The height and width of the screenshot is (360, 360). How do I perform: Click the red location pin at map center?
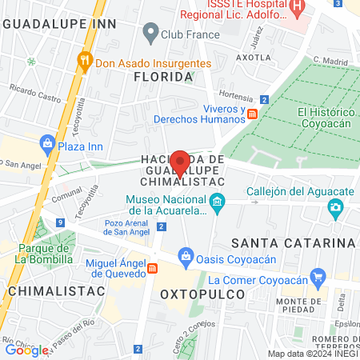(180, 162)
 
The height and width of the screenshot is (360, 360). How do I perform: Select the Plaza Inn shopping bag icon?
(46, 145)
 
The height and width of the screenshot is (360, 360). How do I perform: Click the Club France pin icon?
(150, 34)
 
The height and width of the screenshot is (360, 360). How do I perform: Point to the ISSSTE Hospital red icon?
(298, 10)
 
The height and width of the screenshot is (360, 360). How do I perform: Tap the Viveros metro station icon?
(251, 114)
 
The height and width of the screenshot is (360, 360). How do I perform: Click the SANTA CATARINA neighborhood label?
(292, 242)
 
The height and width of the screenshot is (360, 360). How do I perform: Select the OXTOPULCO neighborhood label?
(196, 294)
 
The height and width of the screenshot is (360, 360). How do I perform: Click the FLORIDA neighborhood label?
(163, 77)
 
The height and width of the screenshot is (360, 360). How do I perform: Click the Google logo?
(26, 350)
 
